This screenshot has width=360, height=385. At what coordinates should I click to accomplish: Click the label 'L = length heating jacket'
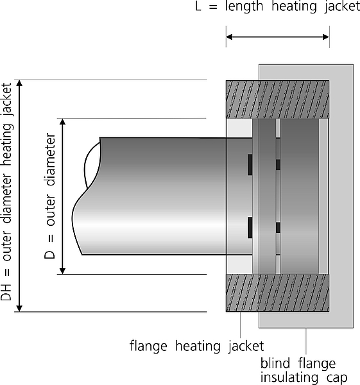(277, 6)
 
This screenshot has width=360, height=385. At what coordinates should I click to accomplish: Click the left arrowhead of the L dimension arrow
(229, 37)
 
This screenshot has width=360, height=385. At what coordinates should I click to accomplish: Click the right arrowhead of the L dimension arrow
(326, 37)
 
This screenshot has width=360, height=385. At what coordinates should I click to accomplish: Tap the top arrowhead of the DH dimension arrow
(19, 83)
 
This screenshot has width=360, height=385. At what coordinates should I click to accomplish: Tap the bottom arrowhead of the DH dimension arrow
(19, 309)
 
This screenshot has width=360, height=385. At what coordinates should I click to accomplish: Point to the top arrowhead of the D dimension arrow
(63, 121)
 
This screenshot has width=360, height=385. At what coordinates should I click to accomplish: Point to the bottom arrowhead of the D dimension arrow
(63, 271)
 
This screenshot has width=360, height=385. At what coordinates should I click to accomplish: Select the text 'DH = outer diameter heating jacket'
(6, 192)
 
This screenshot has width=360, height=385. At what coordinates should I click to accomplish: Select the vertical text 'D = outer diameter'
(50, 196)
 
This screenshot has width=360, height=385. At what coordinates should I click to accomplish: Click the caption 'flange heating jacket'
(197, 346)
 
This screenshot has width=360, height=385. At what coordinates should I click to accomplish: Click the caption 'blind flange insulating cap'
(304, 370)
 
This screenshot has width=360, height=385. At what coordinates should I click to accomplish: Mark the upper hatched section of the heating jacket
(277, 99)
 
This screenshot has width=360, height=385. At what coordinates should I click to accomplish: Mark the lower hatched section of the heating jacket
(277, 293)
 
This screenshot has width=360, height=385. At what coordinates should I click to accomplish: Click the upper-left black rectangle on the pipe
(250, 165)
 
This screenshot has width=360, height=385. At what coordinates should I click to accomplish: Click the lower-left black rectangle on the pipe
(250, 228)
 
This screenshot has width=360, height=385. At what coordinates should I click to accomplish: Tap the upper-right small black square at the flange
(278, 165)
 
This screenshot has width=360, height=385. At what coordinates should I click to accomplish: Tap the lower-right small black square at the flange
(278, 228)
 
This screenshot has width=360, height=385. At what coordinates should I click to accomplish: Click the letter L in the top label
(198, 6)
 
